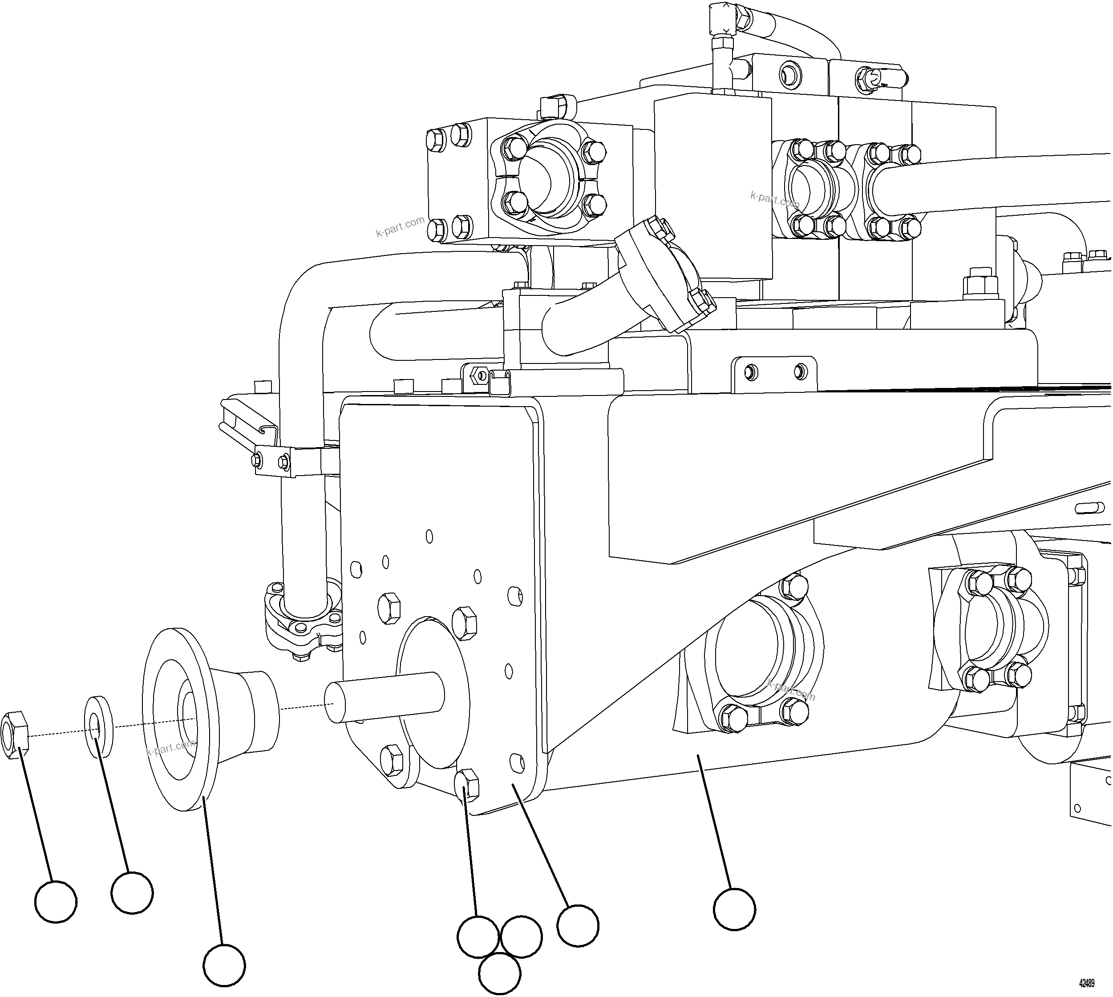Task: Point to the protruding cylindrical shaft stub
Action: (x=384, y=697)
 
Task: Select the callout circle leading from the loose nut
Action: (x=55, y=901)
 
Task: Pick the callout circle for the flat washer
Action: (x=132, y=893)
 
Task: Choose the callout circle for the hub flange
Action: (x=224, y=964)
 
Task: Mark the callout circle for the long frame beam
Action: (x=734, y=909)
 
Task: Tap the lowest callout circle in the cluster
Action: (x=499, y=973)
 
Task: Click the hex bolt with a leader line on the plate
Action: (x=467, y=784)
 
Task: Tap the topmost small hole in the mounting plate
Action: (x=429, y=536)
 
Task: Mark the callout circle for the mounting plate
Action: (x=578, y=926)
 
